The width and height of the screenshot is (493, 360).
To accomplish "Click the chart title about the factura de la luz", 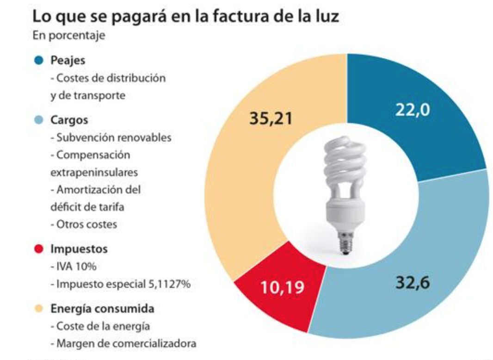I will (185, 17).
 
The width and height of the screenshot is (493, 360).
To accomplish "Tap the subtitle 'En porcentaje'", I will (68, 36).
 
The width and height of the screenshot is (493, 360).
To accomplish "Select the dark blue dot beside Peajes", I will (39, 60).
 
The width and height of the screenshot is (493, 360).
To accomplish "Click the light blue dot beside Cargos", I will (39, 120).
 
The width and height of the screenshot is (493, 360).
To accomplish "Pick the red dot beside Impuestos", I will (39, 249).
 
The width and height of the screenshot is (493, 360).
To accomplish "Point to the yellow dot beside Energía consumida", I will (39, 308).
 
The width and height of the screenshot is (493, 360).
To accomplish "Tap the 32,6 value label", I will (413, 282).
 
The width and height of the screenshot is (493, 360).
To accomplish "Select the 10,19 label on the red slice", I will (282, 287).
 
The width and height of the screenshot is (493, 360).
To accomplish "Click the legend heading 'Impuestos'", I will (79, 249).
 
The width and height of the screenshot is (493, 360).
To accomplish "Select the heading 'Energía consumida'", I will (102, 308).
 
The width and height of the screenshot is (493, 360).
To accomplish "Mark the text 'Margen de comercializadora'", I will (123, 343).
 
